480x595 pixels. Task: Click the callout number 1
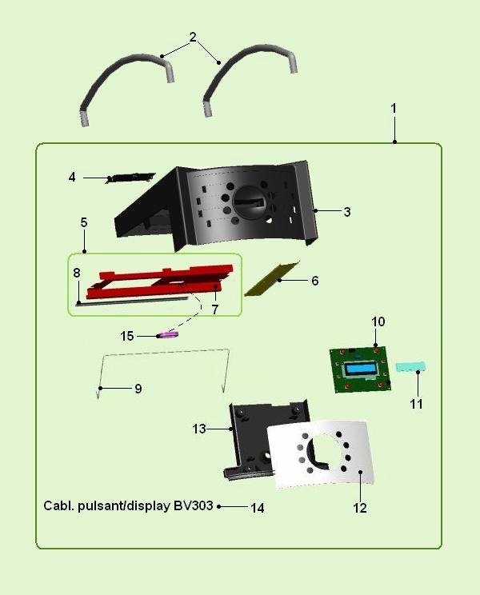click(x=393, y=107)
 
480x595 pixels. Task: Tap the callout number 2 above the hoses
click(x=193, y=38)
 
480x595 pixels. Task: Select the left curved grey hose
click(x=120, y=80)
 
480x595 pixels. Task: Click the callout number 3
click(x=346, y=212)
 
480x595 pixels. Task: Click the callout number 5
click(x=84, y=222)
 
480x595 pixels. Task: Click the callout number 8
click(x=77, y=273)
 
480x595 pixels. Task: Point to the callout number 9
click(x=138, y=389)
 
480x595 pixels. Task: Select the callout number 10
click(x=378, y=321)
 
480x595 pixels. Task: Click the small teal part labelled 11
click(x=410, y=367)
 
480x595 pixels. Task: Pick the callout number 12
click(x=360, y=507)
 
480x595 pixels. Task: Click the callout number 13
click(x=199, y=429)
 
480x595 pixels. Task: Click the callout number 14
click(x=258, y=508)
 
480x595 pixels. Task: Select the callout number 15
click(x=127, y=336)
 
